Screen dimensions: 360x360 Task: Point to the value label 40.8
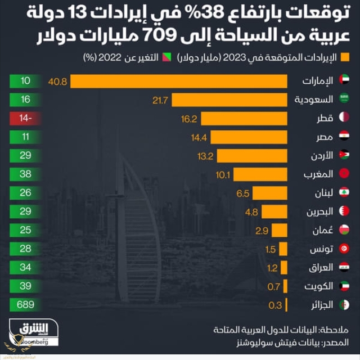point(58,82)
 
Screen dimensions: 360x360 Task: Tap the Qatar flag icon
point(345,119)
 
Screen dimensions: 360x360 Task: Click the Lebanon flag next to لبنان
point(345,193)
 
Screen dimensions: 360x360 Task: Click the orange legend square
point(345,58)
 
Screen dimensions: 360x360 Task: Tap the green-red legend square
point(166,58)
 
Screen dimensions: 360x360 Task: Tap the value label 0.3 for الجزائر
point(275,305)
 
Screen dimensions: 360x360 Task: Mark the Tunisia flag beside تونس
point(345,249)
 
